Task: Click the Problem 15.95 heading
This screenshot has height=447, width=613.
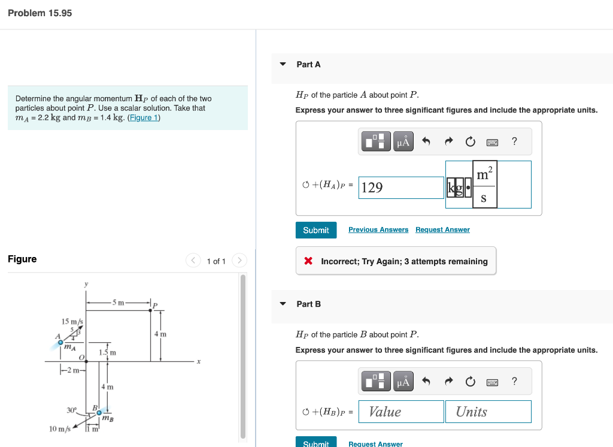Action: (40, 13)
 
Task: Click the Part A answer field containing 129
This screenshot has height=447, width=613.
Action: (401, 188)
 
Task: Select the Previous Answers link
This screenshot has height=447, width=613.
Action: (378, 229)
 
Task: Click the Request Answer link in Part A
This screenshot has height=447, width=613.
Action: (442, 229)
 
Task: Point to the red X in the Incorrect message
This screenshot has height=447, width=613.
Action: (308, 261)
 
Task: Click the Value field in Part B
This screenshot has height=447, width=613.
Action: (401, 412)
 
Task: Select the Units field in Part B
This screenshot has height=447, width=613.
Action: (488, 412)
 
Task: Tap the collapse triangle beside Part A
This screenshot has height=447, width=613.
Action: (283, 64)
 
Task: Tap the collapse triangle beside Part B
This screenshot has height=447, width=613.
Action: (283, 304)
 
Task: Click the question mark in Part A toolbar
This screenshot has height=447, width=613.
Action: (514, 141)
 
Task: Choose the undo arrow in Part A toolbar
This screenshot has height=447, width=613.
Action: (426, 142)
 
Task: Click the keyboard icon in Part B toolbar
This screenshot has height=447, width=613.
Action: (492, 382)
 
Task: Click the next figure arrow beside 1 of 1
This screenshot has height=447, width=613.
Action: (239, 261)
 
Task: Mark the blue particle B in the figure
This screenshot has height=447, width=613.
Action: (99, 412)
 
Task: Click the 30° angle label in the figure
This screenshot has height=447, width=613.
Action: (72, 410)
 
